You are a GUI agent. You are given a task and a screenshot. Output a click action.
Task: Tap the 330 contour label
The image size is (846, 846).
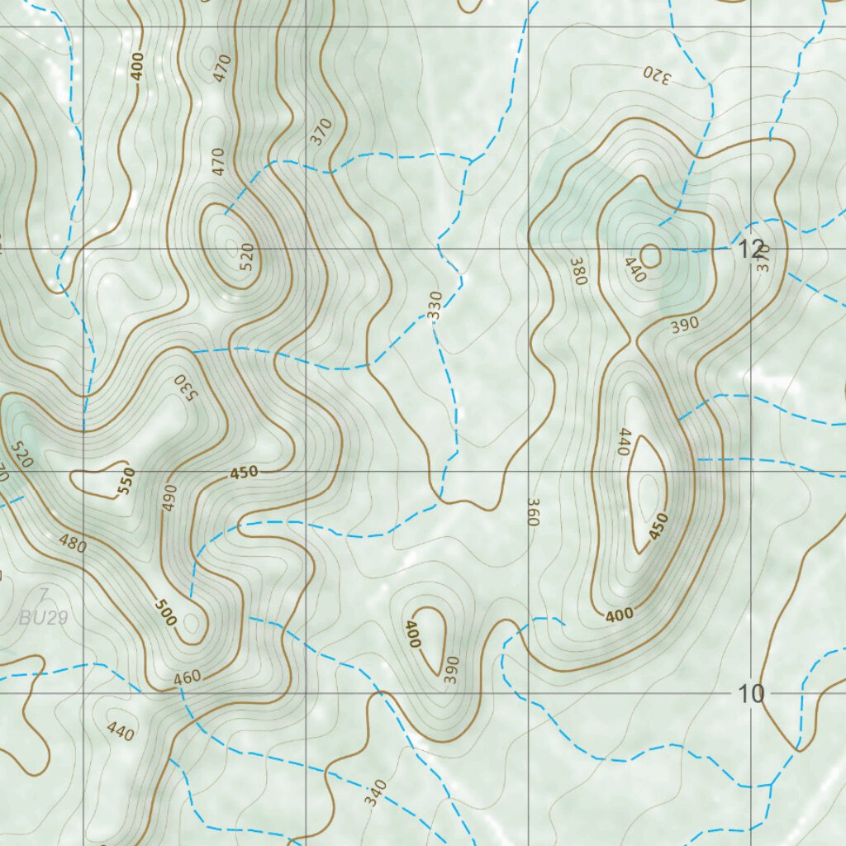click(x=435, y=305)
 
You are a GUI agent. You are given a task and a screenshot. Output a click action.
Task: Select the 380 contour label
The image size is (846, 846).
click(x=577, y=271)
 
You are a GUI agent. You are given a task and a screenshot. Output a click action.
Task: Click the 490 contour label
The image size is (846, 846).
click(x=169, y=498)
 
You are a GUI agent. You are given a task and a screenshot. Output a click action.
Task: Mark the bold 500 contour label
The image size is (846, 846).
click(x=165, y=609)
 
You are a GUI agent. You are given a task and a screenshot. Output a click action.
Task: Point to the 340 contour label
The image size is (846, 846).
click(x=374, y=793)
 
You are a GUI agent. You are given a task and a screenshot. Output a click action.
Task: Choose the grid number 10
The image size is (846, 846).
click(x=751, y=694)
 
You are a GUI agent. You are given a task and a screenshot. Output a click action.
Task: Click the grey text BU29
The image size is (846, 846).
click(x=43, y=617)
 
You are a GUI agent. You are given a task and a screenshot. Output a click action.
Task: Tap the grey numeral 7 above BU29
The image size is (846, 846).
click(x=43, y=594)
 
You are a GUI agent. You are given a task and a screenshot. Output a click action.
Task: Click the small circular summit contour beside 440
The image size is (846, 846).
click(x=651, y=256)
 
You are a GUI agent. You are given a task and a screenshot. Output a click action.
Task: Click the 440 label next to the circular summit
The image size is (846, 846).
click(x=634, y=270)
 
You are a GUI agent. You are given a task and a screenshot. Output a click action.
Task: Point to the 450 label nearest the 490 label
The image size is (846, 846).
click(x=244, y=473)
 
